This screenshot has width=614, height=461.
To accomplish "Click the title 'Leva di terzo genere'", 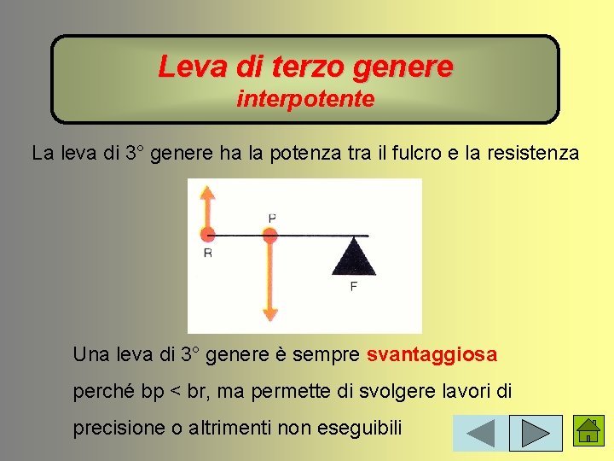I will pos(305,66).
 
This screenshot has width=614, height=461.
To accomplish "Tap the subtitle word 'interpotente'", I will pos(305,100).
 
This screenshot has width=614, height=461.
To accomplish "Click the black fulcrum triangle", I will pos(353,257).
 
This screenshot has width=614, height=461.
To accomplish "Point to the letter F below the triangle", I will pos(353,287).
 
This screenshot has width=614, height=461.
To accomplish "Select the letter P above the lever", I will pos(271,219).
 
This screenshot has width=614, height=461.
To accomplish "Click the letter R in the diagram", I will pos(208,254).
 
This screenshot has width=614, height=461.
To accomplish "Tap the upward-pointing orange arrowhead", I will pos(206,194).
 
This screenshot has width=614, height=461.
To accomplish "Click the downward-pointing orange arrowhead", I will pos(270,312).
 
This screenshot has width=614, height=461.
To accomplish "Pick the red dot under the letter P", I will pos(270,235).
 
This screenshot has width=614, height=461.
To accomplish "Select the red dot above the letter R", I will pos(206,233).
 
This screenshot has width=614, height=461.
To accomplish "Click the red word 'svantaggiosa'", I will pos(432,354).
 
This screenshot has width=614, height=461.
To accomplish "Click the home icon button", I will pos(588,432).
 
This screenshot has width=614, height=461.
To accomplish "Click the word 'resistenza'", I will pos(536,155).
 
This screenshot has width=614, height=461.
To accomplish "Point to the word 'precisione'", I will pos(113,429).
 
